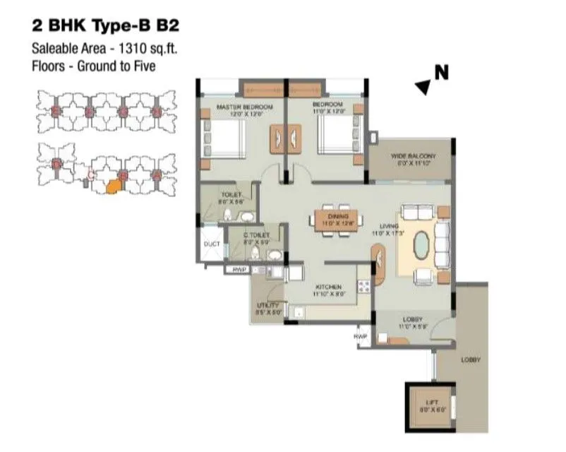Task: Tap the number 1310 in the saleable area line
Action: click(121, 49)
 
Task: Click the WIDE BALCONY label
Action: click(413, 156)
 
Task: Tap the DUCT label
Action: click(212, 244)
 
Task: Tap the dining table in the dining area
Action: click(335, 220)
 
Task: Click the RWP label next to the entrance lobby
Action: click(362, 336)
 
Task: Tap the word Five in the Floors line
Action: click(141, 66)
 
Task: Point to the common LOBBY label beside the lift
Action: click(471, 359)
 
